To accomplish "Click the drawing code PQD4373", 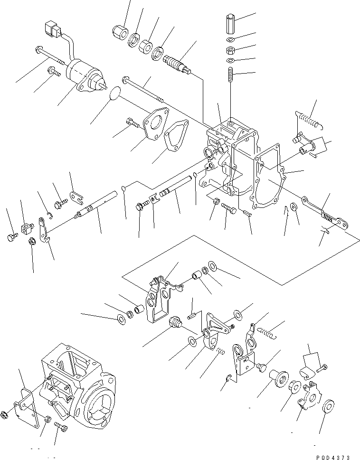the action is pos(333,457).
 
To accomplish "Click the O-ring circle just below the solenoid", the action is pos(115,94).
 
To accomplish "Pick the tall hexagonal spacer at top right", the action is pos(230,24).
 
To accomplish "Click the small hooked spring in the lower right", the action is pos(267,332).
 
